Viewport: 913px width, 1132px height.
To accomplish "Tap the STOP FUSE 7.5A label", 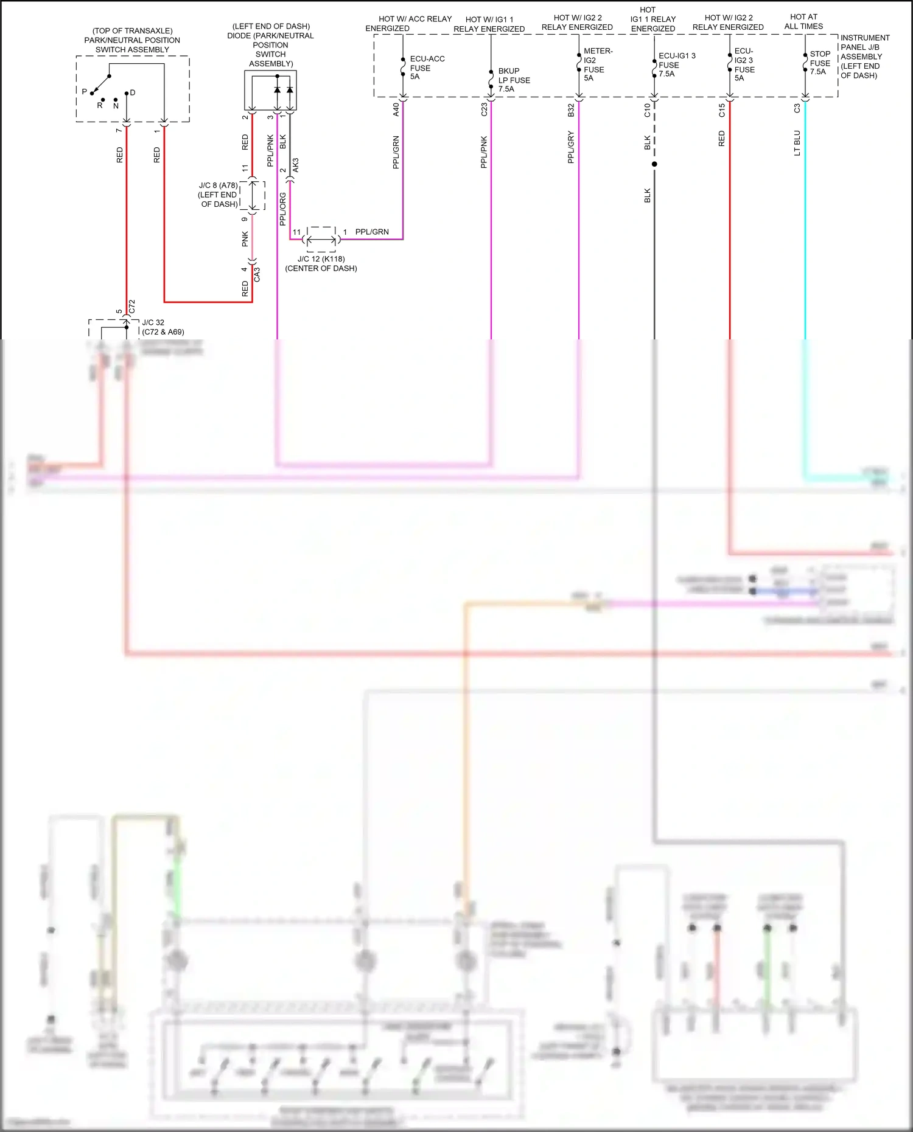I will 819,63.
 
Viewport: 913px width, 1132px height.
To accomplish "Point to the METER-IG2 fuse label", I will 596,64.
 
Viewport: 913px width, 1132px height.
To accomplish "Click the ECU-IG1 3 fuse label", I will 676,64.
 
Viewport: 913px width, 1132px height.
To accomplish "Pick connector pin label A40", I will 396,109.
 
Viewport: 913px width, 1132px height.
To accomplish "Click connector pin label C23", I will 484,109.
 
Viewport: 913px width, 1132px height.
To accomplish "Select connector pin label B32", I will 571,110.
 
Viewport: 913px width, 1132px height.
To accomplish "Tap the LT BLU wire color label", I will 797,143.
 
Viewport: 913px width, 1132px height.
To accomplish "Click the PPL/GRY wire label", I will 571,147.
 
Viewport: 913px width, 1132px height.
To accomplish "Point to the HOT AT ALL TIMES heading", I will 803,21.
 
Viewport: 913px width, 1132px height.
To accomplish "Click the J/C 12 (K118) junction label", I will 321,263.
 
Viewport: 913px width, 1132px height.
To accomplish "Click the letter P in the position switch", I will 84,92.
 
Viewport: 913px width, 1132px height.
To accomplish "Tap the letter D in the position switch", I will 133,92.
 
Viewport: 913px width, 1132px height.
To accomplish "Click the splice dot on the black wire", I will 654,164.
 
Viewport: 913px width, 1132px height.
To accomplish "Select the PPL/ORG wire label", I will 282,209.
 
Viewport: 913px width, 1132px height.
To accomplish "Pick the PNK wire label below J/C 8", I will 245,239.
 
